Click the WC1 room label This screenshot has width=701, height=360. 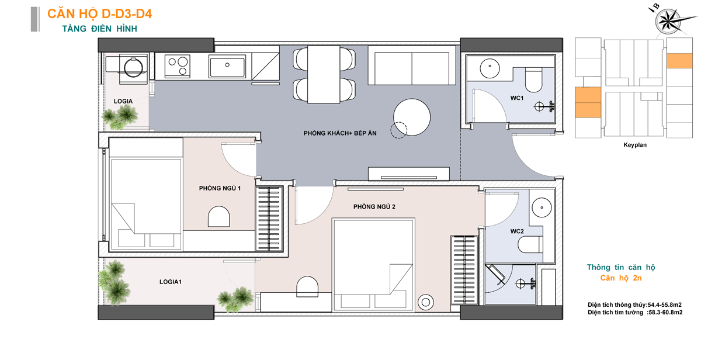point(516,98)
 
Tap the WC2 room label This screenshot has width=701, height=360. point(516,231)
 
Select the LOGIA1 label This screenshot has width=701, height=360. point(170,282)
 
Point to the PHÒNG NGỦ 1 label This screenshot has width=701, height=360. point(220,188)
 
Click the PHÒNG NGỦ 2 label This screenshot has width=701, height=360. point(374,207)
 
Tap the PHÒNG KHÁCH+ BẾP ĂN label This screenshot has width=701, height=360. point(340,133)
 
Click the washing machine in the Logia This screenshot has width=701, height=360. point(133,68)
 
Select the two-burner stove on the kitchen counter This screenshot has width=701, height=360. point(177,65)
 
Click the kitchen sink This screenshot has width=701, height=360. point(227,66)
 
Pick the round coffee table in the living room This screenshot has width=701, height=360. point(411,117)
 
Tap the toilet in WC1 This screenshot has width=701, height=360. point(533,80)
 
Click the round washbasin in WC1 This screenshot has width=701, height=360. point(490,68)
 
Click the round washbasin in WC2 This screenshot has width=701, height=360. point(542,207)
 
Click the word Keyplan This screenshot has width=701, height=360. point(634,145)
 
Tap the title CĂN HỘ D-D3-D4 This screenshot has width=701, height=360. point(99,14)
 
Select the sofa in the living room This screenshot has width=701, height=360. point(411,65)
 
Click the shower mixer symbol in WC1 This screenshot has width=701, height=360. point(544,106)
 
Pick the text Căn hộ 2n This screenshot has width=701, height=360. point(621,278)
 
